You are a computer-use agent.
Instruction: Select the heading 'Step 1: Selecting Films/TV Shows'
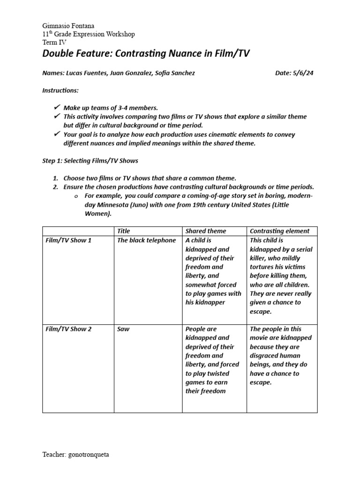90,161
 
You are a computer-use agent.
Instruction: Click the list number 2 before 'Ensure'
55,187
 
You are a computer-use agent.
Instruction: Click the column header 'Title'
124,231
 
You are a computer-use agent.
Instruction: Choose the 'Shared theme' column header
206,231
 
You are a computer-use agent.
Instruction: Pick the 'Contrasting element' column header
279,231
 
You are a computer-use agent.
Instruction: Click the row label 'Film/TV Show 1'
68,240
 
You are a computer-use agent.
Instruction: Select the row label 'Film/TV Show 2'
68,329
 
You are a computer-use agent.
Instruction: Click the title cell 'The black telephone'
147,240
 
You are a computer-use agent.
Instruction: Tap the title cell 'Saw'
123,329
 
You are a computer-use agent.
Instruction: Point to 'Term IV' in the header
54,42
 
